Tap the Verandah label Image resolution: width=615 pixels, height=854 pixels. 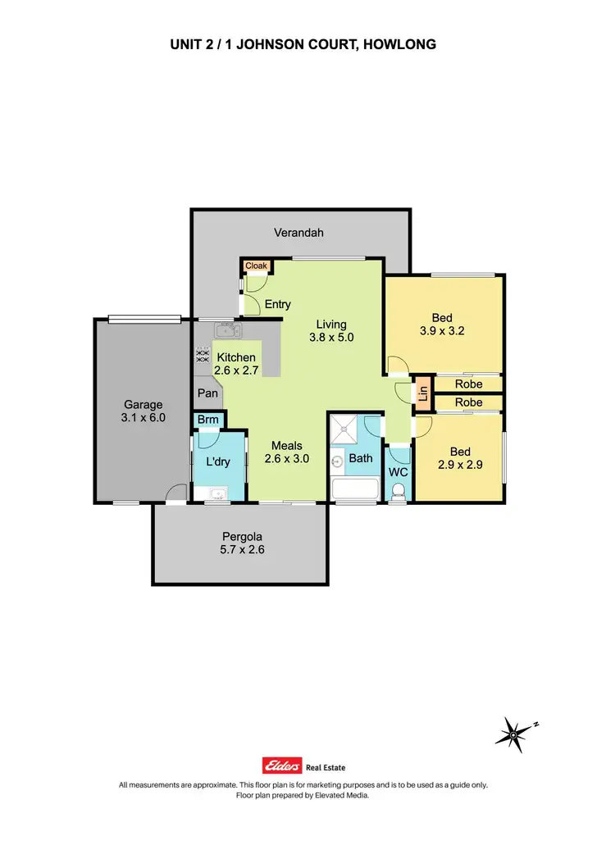tap(298, 233)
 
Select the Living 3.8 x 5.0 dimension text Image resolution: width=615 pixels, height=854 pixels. tap(331, 337)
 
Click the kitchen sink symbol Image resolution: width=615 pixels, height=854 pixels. tap(226, 331)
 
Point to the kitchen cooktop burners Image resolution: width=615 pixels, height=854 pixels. tap(201, 356)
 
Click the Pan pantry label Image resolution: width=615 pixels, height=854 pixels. tap(206, 393)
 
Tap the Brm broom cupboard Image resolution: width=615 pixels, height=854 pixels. tap(206, 420)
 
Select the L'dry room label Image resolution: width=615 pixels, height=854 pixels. tap(217, 462)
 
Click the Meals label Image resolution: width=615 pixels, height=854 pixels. tap(287, 446)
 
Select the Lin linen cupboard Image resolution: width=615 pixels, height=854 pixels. tap(423, 392)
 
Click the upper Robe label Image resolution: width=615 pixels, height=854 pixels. tap(468, 384)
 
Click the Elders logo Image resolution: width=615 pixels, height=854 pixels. tap(282, 766)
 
